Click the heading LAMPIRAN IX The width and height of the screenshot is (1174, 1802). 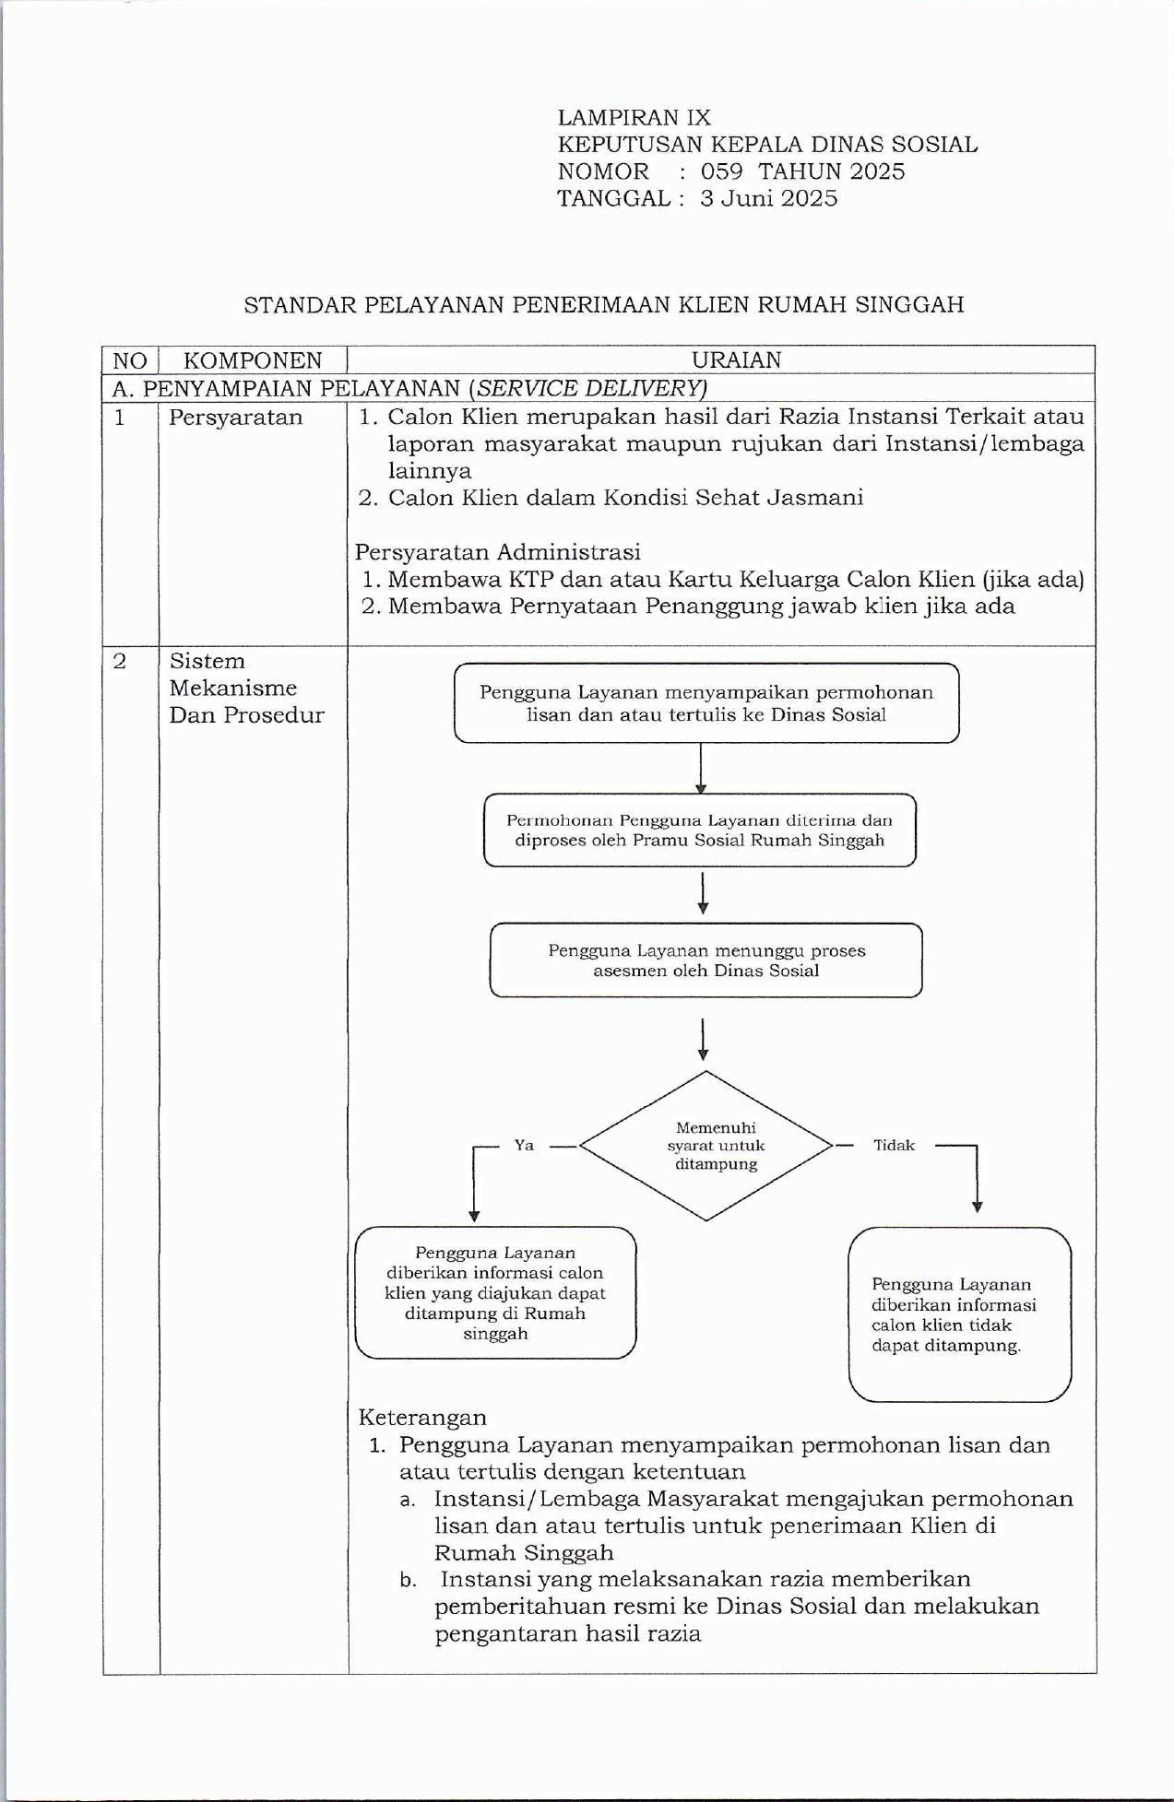(x=634, y=118)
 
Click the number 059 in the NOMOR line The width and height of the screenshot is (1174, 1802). (x=721, y=171)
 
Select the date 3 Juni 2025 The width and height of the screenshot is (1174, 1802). (x=768, y=198)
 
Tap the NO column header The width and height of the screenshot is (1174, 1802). (x=130, y=360)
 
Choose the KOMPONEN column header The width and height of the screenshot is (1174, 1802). (x=253, y=360)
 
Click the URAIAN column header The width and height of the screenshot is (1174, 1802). (x=736, y=360)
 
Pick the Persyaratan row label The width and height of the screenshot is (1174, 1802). (x=235, y=418)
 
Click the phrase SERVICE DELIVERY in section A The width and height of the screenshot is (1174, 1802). (x=589, y=388)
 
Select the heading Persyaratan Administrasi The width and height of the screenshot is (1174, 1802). (x=497, y=552)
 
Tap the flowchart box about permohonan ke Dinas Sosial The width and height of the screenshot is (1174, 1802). (x=706, y=703)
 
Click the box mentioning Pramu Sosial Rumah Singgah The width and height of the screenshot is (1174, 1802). (x=699, y=830)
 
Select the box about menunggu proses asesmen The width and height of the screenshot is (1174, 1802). (x=706, y=960)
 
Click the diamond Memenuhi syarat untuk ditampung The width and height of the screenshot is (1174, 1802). (x=706, y=1146)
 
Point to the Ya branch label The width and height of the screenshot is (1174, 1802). (x=524, y=1146)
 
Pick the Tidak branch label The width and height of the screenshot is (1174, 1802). (x=894, y=1146)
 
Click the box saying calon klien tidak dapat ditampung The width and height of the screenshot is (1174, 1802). (x=959, y=1314)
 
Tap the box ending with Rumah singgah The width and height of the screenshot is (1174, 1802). (x=495, y=1292)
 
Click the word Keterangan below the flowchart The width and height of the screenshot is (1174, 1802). (x=422, y=1417)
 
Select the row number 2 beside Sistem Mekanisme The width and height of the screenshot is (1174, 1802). (x=120, y=661)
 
